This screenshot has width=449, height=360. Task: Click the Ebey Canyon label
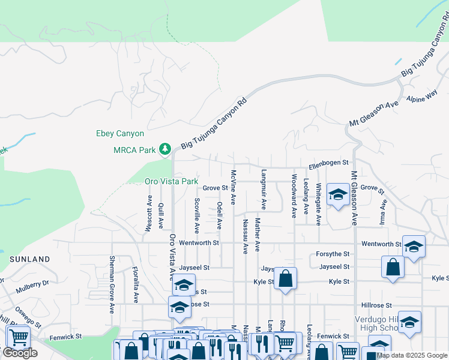coord(120,134)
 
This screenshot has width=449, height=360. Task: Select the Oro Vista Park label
coord(171,181)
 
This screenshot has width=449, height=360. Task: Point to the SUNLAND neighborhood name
coord(29,259)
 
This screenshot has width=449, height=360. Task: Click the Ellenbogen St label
coord(328,163)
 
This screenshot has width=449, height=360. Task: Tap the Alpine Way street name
coord(422,96)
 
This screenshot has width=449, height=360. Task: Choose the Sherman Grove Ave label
coord(112,285)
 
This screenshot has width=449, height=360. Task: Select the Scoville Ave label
coord(197,216)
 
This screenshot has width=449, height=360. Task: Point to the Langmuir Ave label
coord(264,189)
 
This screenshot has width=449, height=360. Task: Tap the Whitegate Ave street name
coord(318,204)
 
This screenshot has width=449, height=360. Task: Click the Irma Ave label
coord(382,211)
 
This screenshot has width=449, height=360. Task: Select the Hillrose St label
coord(376,305)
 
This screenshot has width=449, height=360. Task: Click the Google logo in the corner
coord(20,353)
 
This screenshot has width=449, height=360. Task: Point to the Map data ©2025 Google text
coord(412,355)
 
